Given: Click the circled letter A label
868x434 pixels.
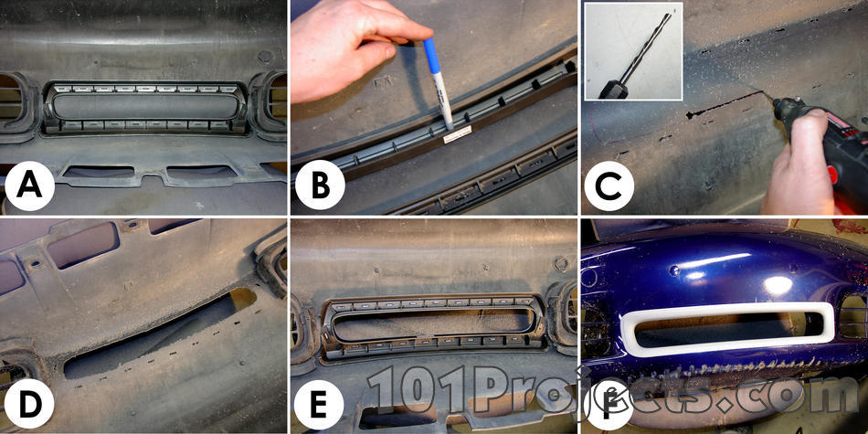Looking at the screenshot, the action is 30,185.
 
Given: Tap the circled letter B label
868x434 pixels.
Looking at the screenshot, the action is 320,185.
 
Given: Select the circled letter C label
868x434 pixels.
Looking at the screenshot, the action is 609,185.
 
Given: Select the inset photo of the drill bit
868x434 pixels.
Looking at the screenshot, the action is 633,51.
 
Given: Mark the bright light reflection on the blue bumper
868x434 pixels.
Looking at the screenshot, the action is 778,285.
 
